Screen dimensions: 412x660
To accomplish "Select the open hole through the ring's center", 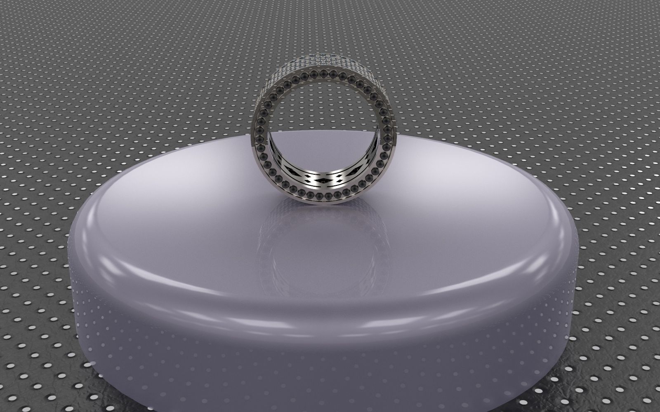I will pos(321,124).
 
